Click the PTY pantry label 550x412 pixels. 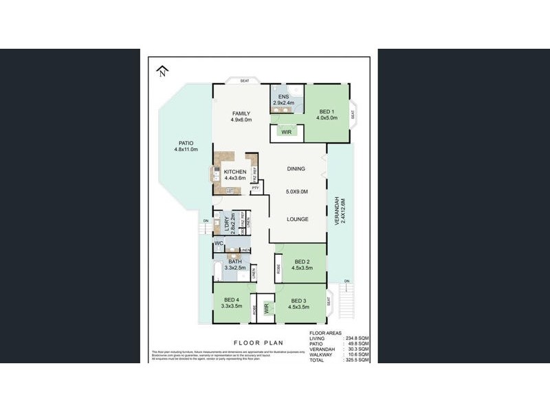(x=255, y=187)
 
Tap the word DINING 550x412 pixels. (x=296, y=168)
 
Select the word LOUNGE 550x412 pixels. (x=298, y=219)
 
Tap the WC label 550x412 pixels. (x=218, y=244)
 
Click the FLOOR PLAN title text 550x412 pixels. (x=256, y=341)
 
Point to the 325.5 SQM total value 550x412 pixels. (x=357, y=359)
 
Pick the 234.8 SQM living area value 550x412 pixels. (x=357, y=337)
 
